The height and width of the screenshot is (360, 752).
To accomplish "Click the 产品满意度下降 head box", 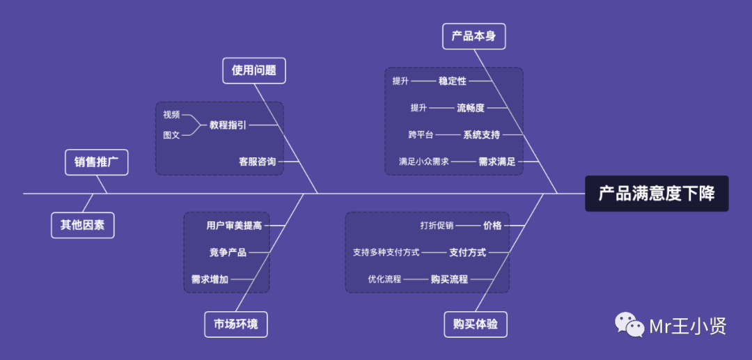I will (657, 193).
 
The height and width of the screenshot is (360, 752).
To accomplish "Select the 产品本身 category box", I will (473, 36).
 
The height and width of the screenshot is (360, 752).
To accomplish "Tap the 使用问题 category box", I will (254, 70).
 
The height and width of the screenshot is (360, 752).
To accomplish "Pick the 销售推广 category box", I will (97, 162).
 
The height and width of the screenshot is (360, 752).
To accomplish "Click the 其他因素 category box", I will (82, 225).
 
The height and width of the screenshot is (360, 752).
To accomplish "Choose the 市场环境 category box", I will (235, 324).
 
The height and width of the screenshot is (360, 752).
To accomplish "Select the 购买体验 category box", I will (476, 324).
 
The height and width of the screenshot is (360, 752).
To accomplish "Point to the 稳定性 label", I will (453, 81).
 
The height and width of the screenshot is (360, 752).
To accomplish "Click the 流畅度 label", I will (471, 108).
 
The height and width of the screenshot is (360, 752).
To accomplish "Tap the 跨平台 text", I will (421, 134).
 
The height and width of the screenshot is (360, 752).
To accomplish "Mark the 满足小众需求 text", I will (424, 162).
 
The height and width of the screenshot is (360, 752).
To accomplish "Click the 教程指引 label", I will (228, 125).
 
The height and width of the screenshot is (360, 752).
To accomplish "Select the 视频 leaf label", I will (171, 114).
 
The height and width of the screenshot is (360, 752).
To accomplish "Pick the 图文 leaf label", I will (171, 135).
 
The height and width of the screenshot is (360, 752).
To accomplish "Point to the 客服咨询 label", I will (257, 162).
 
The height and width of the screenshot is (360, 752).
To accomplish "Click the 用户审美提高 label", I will (234, 226).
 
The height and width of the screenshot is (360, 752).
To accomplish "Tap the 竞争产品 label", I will (228, 252).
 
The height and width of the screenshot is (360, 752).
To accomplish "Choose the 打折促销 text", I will (437, 226).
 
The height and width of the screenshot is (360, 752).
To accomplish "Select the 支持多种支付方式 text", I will (386, 252).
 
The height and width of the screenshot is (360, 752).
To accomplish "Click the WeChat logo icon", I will (629, 325).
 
